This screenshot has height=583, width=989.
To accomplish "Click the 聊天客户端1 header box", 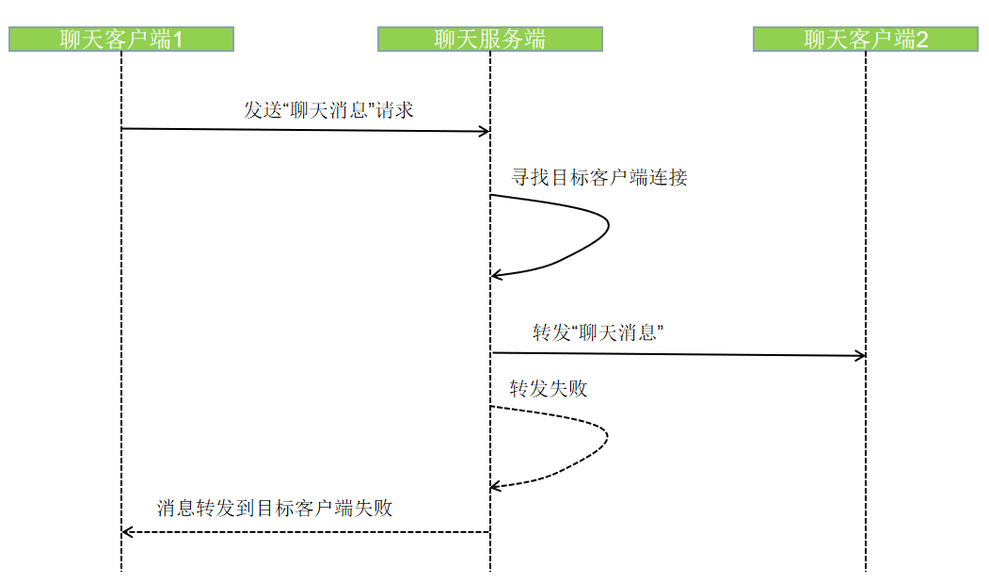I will click(x=121, y=39).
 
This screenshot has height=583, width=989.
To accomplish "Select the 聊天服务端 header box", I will click(x=489, y=39).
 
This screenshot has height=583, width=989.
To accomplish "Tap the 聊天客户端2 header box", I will click(x=866, y=39).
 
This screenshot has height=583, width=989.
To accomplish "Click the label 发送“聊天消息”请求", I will click(x=328, y=109).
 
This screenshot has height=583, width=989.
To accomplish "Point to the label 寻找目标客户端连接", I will click(x=599, y=176).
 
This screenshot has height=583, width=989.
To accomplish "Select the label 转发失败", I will click(x=549, y=388).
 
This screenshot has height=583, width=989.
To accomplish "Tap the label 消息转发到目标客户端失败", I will click(x=274, y=509).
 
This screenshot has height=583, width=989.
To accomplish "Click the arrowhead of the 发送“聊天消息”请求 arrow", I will click(x=485, y=131).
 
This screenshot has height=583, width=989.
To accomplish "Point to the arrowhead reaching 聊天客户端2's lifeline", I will click(x=860, y=355).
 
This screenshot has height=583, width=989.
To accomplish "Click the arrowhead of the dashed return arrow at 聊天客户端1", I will click(x=128, y=532).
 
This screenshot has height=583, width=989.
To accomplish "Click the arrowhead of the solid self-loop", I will click(x=496, y=275).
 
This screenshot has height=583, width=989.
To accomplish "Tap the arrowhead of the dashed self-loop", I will click(x=496, y=486).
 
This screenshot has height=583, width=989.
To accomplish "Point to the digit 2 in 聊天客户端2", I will click(x=922, y=40).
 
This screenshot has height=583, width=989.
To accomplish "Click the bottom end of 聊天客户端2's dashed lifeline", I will click(x=866, y=568).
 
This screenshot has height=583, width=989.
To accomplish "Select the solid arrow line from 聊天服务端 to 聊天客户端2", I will click(x=678, y=354).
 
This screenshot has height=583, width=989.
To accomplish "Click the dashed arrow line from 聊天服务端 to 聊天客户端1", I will click(x=306, y=532).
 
